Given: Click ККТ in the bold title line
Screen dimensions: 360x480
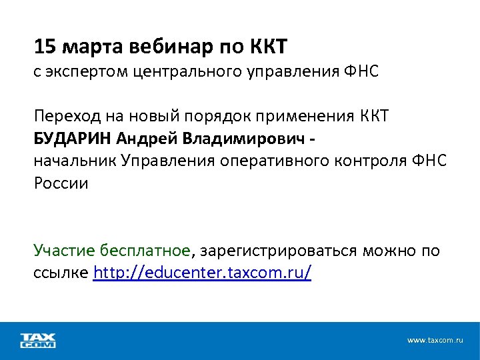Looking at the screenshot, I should tap(268, 47).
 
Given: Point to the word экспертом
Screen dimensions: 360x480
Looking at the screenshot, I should tap(81, 72).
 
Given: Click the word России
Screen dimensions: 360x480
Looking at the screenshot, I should tap(61, 183).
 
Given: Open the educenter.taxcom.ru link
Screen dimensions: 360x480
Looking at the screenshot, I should tap(203, 273).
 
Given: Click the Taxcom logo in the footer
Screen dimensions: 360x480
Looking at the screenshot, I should tap(39, 340).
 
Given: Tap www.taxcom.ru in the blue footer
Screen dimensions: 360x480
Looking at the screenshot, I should tap(435, 340).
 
